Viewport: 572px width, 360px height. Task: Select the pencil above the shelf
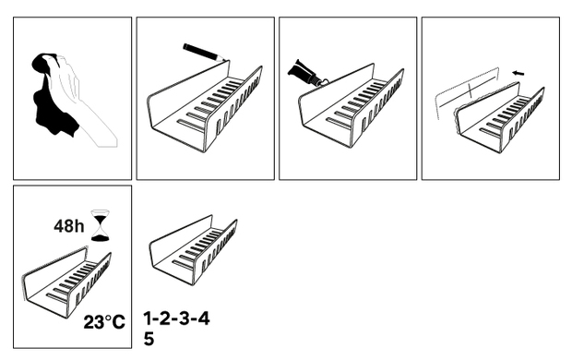[x=206, y=53]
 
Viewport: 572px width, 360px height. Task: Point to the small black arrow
[x=518, y=73]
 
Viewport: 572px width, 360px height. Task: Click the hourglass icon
[x=100, y=225]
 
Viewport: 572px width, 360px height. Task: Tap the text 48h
[x=68, y=226]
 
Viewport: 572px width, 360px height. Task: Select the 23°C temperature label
[x=104, y=322]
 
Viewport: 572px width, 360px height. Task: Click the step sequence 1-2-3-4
[x=176, y=318]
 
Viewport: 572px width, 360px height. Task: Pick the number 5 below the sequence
[x=149, y=339]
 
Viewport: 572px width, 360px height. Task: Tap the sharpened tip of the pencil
[x=228, y=59]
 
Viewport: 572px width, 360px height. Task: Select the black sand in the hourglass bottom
[x=100, y=238]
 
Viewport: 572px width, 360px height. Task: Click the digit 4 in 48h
[x=59, y=226]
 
